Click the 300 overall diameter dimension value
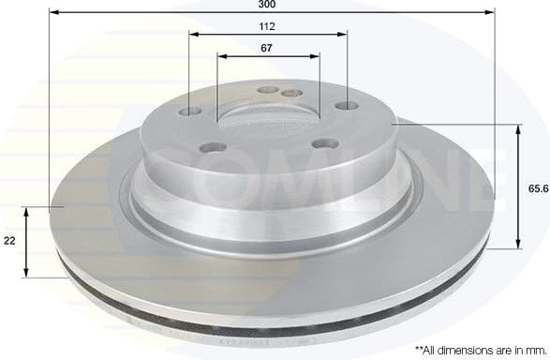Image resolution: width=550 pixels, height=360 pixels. [x=270, y=5]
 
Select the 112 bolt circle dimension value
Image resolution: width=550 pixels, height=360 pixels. [x=268, y=26]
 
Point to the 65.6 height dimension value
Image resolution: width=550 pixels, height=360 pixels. [x=538, y=189]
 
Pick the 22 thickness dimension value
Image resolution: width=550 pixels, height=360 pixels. [x=10, y=242]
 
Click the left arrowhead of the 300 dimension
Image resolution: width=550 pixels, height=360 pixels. [x=52, y=13]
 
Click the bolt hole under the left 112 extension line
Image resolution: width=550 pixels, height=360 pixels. [x=191, y=112]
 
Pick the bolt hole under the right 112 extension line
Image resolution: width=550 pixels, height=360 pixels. [x=347, y=106]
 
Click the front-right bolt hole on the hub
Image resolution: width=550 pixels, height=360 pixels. [x=325, y=143]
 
